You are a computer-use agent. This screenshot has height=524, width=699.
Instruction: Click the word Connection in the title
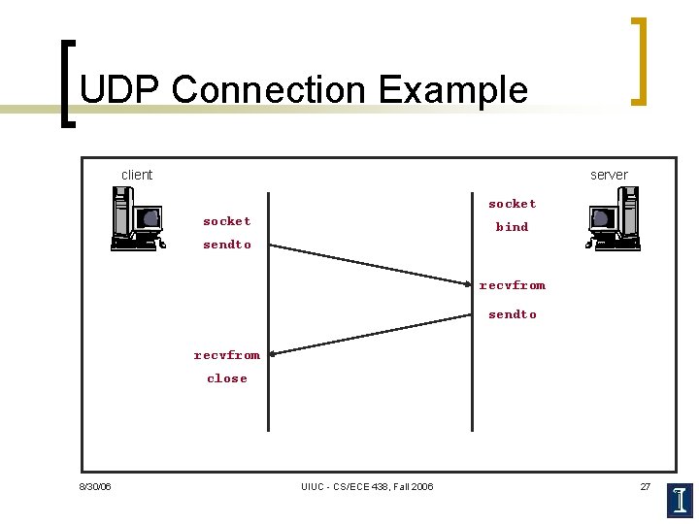click(269, 90)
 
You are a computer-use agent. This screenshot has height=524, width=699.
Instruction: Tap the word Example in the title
click(453, 90)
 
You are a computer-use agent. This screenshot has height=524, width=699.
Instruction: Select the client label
click(137, 175)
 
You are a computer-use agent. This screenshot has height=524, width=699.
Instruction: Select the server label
click(609, 175)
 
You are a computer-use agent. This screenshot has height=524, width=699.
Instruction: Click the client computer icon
click(136, 219)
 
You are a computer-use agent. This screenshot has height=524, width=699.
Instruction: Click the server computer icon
click(615, 218)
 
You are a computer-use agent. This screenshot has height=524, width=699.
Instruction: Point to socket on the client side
click(226, 221)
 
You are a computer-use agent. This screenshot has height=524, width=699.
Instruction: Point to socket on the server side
click(512, 204)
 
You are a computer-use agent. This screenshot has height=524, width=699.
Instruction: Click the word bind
click(512, 227)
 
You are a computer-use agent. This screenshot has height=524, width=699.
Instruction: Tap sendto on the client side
click(226, 245)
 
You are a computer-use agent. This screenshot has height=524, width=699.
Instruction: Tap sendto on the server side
click(512, 314)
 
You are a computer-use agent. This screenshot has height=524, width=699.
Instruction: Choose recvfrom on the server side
click(512, 285)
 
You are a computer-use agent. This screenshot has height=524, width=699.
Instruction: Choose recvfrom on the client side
click(226, 355)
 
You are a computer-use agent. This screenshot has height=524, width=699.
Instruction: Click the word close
click(226, 378)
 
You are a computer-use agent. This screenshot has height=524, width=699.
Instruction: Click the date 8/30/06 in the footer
click(95, 486)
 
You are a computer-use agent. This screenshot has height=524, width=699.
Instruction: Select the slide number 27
click(645, 486)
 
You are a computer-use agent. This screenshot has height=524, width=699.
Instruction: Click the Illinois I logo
click(681, 500)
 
